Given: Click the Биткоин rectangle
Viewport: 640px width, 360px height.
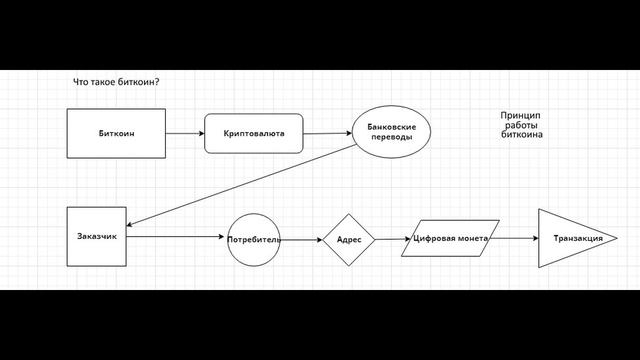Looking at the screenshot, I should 116,133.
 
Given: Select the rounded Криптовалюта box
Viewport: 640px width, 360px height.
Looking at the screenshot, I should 254,133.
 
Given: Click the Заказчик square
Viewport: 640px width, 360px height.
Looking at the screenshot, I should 97,236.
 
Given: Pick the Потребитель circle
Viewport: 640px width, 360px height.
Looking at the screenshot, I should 253,240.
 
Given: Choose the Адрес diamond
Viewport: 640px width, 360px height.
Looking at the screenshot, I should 348,240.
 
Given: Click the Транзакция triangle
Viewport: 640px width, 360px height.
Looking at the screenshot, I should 572,239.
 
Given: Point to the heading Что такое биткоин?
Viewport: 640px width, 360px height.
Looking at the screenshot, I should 117,83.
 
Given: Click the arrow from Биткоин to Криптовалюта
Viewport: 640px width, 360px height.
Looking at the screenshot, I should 185,133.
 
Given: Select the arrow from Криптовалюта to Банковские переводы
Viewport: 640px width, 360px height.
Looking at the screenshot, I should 328,133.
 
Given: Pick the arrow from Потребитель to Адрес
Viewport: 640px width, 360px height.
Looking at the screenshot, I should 301,239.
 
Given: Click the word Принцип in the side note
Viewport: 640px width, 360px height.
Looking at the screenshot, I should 522,116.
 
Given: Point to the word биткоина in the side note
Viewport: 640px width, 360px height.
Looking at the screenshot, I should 522,134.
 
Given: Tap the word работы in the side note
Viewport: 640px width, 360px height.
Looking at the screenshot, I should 522,125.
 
